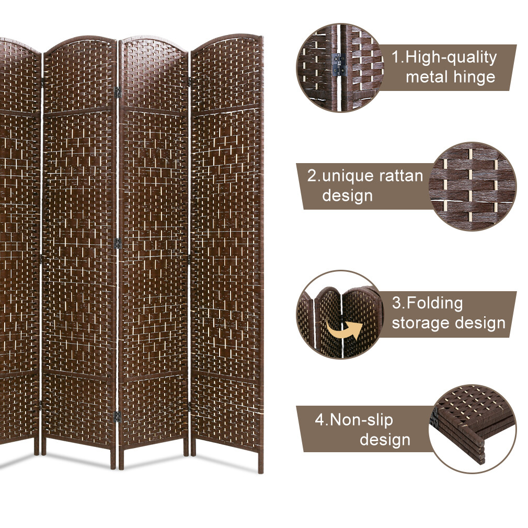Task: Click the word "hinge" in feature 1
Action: pyautogui.click(x=472, y=77)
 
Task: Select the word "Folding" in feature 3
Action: pyautogui.click(x=435, y=303)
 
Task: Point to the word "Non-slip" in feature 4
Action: pyautogui.click(x=361, y=420)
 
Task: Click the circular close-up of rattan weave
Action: pyautogui.click(x=472, y=187)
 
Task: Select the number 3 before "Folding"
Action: pyautogui.click(x=396, y=303)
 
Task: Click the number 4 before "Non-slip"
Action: pyautogui.click(x=319, y=420)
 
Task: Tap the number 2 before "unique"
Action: pyautogui.click(x=312, y=176)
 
